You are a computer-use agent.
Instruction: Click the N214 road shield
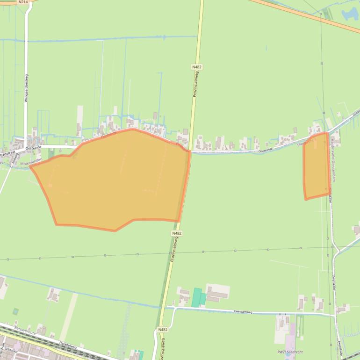click(23, 2)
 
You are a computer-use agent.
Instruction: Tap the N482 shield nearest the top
click(197, 67)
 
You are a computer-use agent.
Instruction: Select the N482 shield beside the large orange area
click(177, 233)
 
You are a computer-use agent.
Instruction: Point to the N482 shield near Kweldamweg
click(163, 330)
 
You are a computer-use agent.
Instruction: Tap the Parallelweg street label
click(67, 346)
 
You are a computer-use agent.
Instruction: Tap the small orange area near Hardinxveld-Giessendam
click(316, 166)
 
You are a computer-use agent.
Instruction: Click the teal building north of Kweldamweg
click(197, 297)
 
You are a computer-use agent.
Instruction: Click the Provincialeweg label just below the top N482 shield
click(195, 84)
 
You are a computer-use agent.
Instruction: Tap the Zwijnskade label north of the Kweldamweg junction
click(334, 281)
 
